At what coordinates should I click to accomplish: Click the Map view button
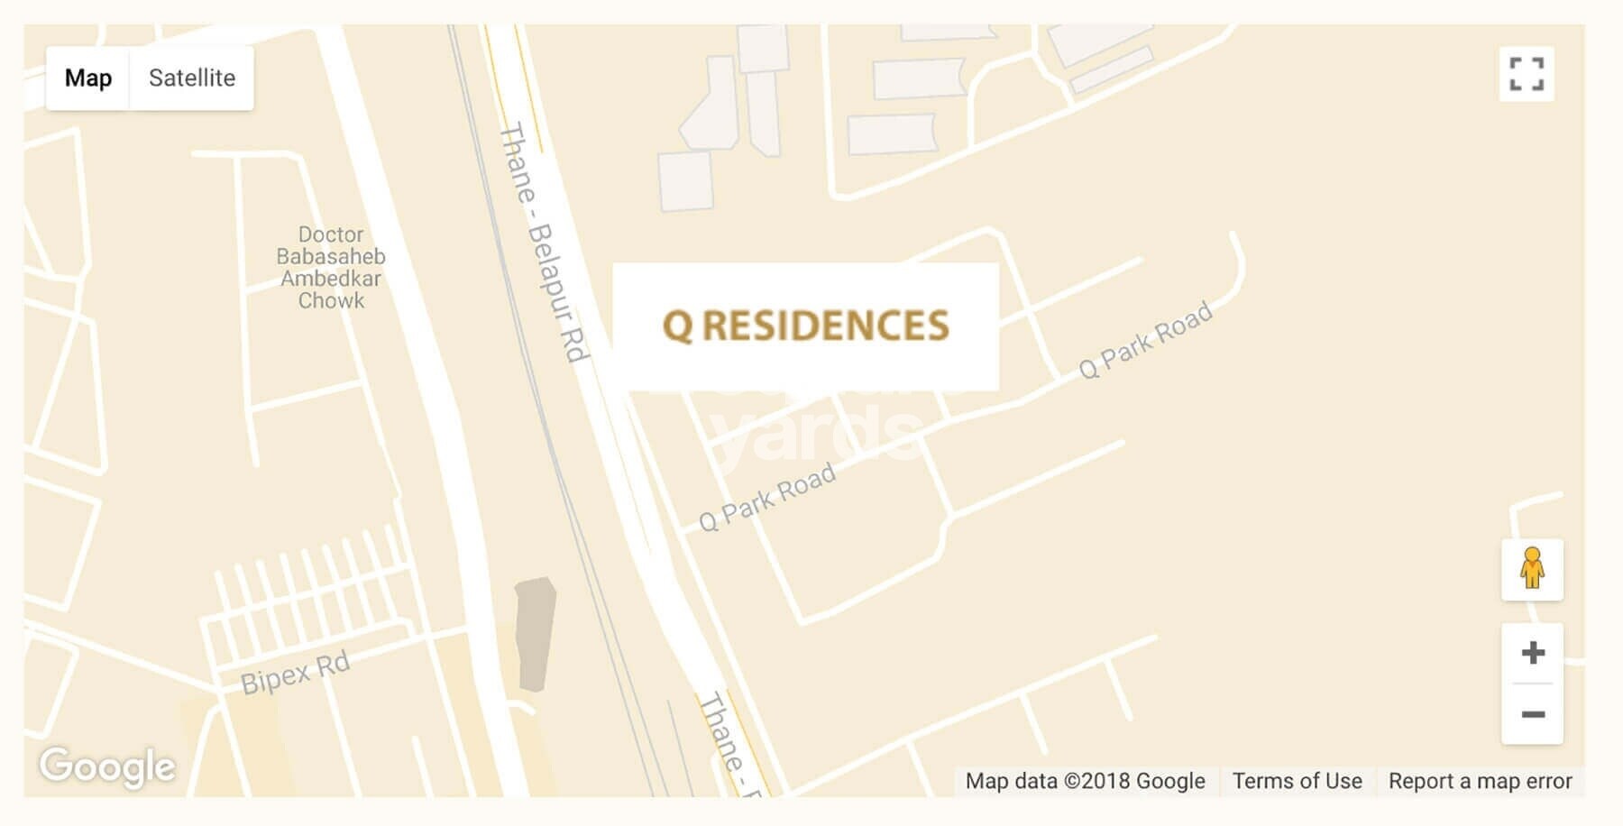click(x=88, y=78)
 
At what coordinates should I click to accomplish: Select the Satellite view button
click(x=191, y=78)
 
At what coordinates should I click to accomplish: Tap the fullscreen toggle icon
click(x=1526, y=74)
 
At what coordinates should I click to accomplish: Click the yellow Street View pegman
click(x=1532, y=569)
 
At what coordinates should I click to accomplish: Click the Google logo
click(x=107, y=766)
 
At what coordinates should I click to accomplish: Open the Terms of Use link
click(x=1297, y=781)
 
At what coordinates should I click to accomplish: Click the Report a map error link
click(x=1480, y=781)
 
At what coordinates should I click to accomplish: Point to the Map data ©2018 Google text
click(x=1085, y=781)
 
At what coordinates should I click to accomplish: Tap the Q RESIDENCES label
click(x=805, y=326)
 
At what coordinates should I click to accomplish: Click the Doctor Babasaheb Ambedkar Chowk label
click(x=331, y=268)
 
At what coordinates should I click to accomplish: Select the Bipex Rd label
click(x=295, y=674)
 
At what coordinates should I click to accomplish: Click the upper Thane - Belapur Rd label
click(x=544, y=242)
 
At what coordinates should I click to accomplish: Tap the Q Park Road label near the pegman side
click(x=1145, y=341)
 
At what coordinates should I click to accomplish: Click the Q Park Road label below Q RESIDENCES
click(x=767, y=498)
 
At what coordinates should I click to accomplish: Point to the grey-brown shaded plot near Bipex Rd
click(x=535, y=633)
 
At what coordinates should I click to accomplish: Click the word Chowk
click(x=331, y=301)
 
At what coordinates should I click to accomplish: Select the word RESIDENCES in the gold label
click(x=825, y=326)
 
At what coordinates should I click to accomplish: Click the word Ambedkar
click(x=331, y=279)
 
